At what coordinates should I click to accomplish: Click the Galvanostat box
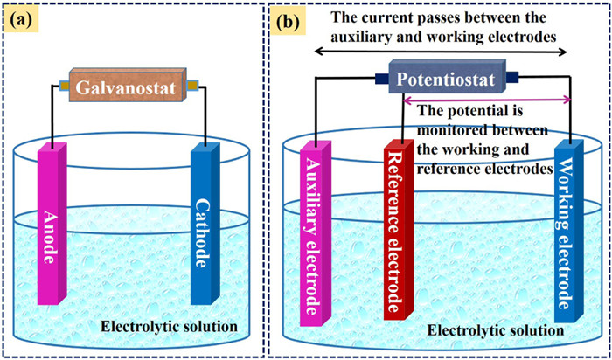(x=128, y=88)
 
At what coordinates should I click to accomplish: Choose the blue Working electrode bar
(x=567, y=232)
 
